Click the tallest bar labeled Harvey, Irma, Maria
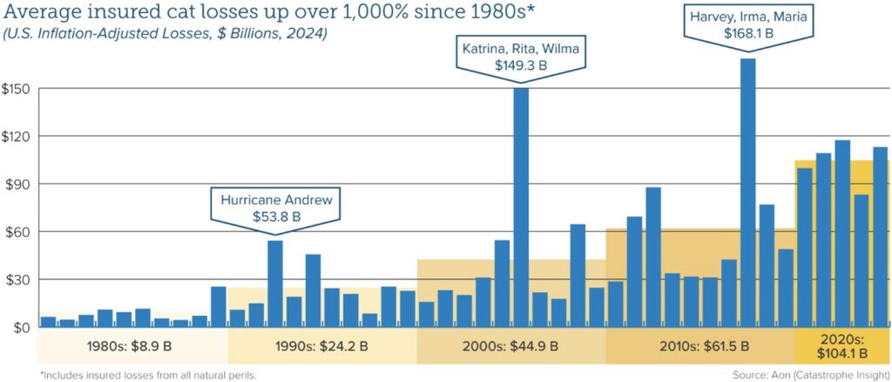pyautogui.click(x=747, y=192)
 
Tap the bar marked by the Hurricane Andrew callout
pyautogui.click(x=275, y=283)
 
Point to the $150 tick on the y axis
pyautogui.click(x=17, y=90)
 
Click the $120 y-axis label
pyautogui.click(x=17, y=137)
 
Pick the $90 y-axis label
pyautogui.click(x=17, y=185)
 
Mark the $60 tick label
pyautogui.click(x=17, y=232)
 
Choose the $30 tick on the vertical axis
pyautogui.click(x=17, y=280)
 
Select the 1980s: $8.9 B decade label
pyautogui.click(x=132, y=346)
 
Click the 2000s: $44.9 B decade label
pyautogui.click(x=511, y=346)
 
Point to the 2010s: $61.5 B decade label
pyautogui.click(x=699, y=346)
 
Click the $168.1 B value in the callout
pyautogui.click(x=747, y=33)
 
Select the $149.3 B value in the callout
pyautogui.click(x=521, y=64)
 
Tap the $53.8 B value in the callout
pyautogui.click(x=275, y=216)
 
